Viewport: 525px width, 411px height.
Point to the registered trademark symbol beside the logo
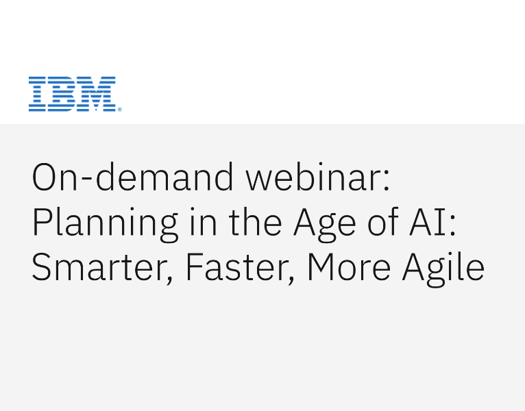(119, 109)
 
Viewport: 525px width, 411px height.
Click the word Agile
(443, 268)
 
